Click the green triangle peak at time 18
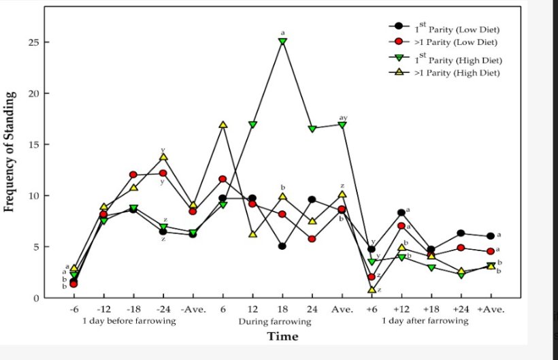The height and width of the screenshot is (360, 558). [x=282, y=42]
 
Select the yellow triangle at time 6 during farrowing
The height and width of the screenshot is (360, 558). [x=223, y=125]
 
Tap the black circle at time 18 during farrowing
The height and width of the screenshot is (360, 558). [x=282, y=246]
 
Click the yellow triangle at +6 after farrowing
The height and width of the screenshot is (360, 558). [x=372, y=289]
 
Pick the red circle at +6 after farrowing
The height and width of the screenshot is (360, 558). [x=372, y=277]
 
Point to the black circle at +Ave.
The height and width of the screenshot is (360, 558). [x=491, y=236]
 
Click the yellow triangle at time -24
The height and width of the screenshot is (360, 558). [x=163, y=157]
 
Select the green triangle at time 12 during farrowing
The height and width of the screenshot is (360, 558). [x=252, y=125]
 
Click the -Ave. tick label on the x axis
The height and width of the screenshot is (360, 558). [x=193, y=310]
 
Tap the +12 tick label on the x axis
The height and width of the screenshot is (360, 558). [x=401, y=310]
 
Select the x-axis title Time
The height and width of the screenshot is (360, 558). [x=282, y=336]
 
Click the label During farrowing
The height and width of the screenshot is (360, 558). [x=274, y=321]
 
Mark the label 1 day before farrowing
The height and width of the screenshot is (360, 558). [x=129, y=321]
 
